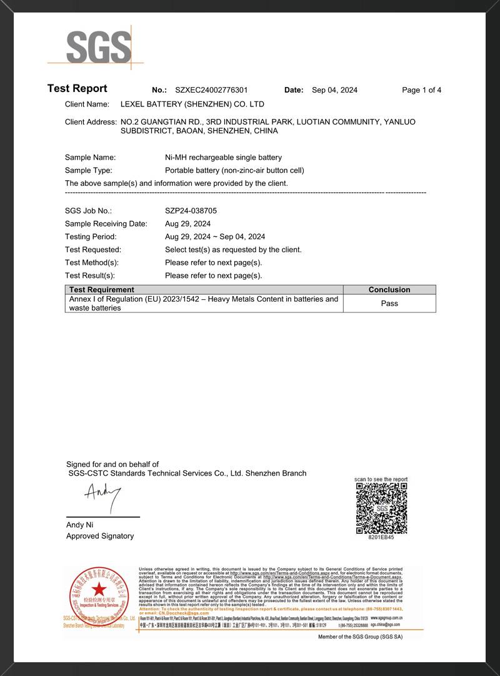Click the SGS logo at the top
[99, 47]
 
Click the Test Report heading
[77, 89]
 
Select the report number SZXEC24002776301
[207, 90]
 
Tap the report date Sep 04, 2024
[334, 90]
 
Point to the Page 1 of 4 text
[421, 90]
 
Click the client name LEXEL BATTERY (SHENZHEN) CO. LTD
[192, 105]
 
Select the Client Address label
[91, 122]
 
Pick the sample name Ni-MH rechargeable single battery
[223, 158]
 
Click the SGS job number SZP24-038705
[191, 211]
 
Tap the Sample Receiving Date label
[106, 224]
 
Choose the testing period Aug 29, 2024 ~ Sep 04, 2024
[215, 237]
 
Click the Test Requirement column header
[102, 290]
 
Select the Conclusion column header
[389, 290]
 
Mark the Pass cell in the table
[389, 304]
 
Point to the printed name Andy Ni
[79, 525]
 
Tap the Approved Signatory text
[100, 536]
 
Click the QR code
[381, 508]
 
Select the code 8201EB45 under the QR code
[381, 537]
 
